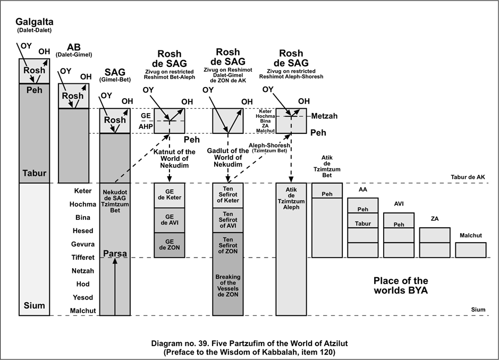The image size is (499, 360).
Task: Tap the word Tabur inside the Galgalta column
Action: (35, 173)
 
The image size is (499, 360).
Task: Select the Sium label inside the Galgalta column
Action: (35, 305)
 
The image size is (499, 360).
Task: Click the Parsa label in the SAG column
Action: (115, 254)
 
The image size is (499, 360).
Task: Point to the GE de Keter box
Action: (169, 194)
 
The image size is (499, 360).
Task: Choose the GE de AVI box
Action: (169, 220)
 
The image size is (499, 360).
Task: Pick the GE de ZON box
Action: (169, 245)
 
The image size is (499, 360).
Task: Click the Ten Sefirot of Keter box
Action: (227, 194)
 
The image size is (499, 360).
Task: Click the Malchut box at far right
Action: (470, 250)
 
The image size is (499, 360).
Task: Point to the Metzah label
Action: (325, 116)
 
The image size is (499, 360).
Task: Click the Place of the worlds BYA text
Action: (401, 286)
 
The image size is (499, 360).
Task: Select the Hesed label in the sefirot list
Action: (82, 231)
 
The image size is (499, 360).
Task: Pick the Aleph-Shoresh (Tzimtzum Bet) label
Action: (268, 148)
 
